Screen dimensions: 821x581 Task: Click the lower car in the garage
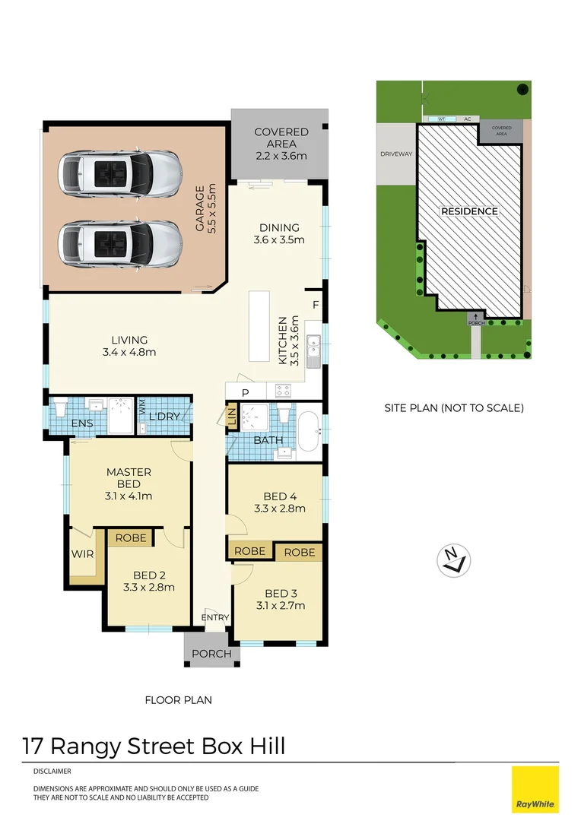tap(119, 243)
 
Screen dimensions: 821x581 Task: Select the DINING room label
tap(278, 227)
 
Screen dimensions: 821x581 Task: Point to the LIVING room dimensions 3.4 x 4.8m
tap(129, 352)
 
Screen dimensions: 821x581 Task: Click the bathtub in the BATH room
tap(309, 433)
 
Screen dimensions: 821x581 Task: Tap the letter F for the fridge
tap(316, 305)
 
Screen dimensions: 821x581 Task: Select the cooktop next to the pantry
tap(283, 391)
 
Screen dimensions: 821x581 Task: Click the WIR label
tap(82, 554)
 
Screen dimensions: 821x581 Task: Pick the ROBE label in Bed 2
tap(132, 537)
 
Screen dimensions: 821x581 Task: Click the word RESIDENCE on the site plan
tap(469, 211)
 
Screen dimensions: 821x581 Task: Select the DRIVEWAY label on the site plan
tap(395, 154)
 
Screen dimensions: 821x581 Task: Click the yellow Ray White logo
tap(535, 789)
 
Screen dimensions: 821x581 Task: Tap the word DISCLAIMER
tap(52, 771)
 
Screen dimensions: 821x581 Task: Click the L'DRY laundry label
tap(163, 417)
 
